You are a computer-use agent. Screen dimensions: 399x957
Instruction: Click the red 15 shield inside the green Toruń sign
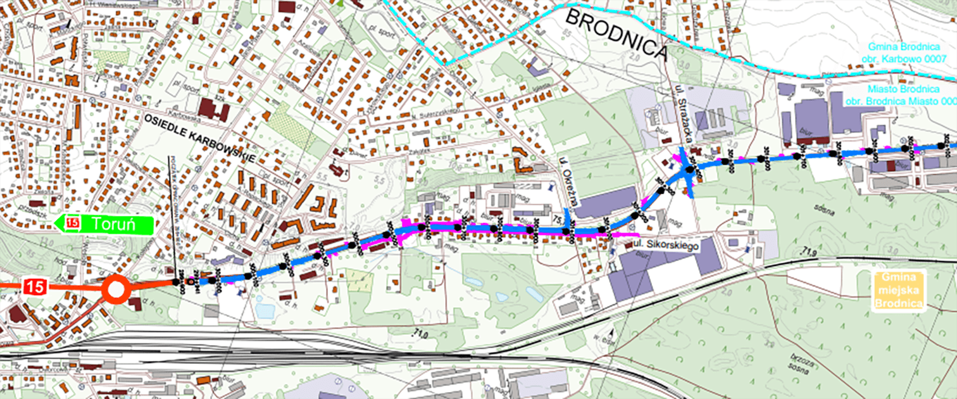point(73,223)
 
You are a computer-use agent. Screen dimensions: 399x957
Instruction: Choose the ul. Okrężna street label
point(569,184)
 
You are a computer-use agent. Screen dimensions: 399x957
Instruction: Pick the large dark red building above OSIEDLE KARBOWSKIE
point(214,110)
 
